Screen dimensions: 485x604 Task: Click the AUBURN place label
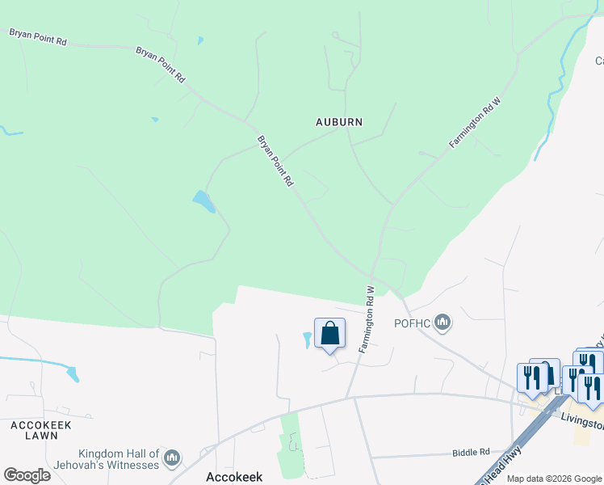[338, 122]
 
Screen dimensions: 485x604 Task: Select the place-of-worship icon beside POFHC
[442, 324]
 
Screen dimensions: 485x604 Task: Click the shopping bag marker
[329, 333]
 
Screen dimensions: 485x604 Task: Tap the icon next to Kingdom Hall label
[171, 459]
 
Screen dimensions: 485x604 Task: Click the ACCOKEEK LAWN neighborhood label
[36, 429]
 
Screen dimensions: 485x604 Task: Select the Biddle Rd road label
[472, 453]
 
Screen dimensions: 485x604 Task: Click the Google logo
[27, 474]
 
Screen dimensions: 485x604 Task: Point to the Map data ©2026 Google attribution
[555, 479]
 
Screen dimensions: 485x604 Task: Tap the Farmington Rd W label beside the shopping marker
[368, 318]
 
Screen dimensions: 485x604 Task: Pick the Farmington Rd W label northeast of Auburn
[476, 122]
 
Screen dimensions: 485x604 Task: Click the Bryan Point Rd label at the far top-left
[37, 37]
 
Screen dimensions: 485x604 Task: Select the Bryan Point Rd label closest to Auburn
[275, 162]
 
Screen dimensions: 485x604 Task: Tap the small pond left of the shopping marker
[307, 340]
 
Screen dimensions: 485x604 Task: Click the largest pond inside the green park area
[203, 200]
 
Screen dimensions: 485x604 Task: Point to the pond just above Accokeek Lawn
[73, 374]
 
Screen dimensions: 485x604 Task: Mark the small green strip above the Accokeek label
[288, 445]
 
